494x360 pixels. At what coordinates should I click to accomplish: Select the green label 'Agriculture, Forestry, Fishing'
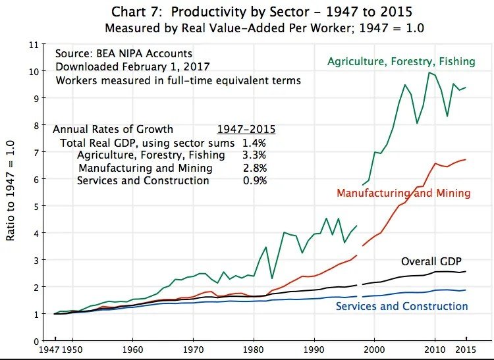coord(401,61)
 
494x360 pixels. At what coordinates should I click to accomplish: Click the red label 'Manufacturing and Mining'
coord(403,193)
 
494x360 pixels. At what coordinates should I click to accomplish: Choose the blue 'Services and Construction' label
coord(402,306)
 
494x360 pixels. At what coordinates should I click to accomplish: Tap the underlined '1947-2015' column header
coord(246,129)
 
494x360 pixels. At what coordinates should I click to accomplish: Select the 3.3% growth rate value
coord(255,155)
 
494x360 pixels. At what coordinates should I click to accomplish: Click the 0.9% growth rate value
coord(255,180)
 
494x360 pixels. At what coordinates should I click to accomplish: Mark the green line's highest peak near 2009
coord(429,72)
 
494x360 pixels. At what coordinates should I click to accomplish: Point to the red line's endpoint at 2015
coord(466,159)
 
